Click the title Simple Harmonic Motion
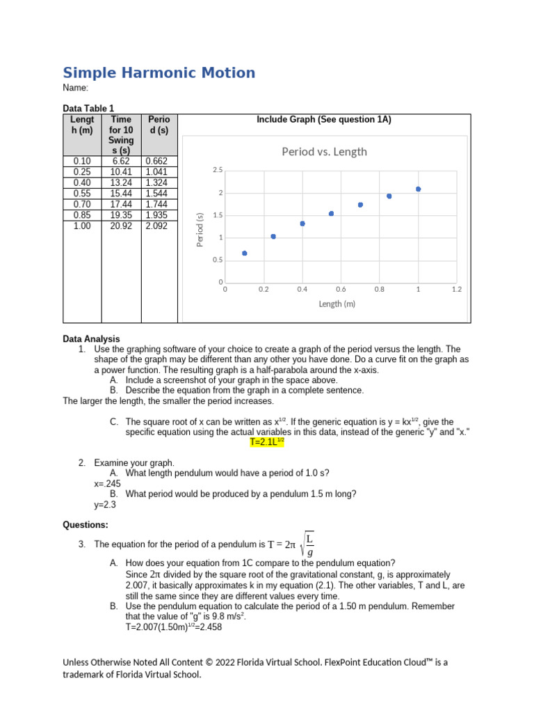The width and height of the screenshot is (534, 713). coord(159,73)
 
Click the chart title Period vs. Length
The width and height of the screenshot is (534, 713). coord(324,152)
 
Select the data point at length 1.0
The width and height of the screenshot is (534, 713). coord(418,189)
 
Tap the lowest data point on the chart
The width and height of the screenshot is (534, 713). coord(244,253)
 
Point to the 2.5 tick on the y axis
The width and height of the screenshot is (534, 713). coord(218,170)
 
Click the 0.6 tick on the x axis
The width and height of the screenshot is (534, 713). coord(341,289)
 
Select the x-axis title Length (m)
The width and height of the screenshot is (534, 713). coord(337,304)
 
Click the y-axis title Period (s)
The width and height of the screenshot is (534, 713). coord(199,229)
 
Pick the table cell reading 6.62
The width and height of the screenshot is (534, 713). coord(121,161)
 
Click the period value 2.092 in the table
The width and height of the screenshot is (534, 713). coord(156,226)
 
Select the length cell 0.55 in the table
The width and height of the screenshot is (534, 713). coord(82,194)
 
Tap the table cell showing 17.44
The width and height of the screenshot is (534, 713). coord(121,205)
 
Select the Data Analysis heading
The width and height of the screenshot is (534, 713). coord(91,339)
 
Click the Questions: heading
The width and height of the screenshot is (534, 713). coord(86,524)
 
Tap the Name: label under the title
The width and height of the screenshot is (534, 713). coord(76,88)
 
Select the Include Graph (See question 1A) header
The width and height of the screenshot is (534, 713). coord(324,120)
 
